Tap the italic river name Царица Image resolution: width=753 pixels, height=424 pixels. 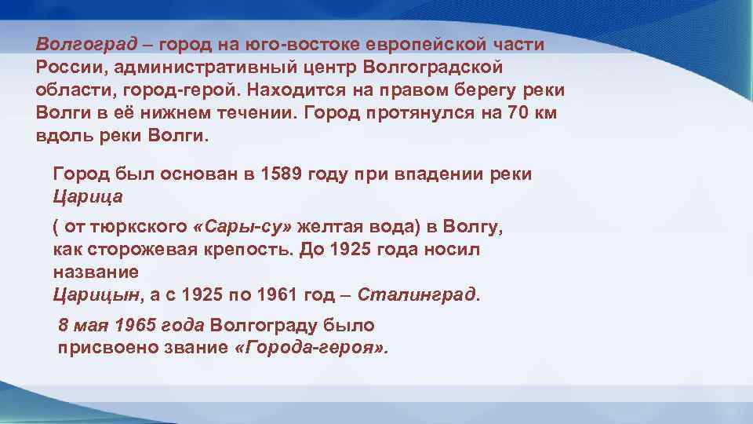(88, 196)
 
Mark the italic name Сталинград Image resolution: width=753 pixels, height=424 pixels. (420, 295)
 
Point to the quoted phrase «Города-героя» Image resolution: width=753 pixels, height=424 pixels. (311, 347)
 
